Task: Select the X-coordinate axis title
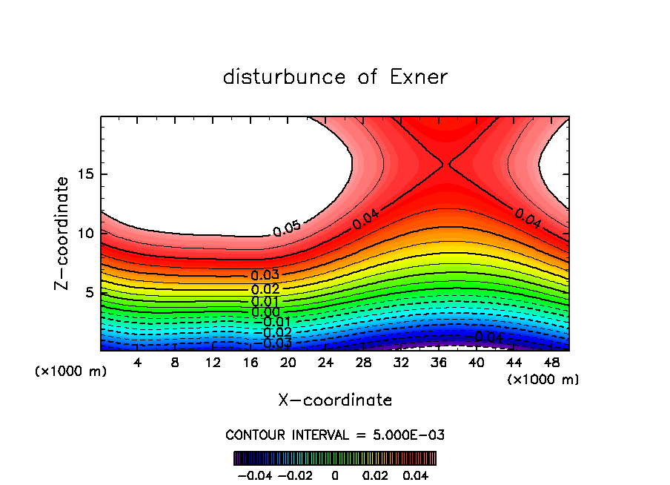coord(335,400)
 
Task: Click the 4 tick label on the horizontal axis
coord(137,363)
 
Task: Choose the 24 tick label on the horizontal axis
coord(325,363)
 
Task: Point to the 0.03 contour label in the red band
coord(265,276)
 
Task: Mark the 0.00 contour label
coord(265,312)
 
